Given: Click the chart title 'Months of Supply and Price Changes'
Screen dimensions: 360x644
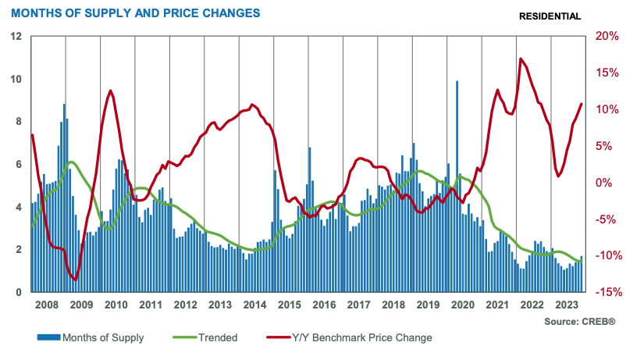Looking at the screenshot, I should [135, 14].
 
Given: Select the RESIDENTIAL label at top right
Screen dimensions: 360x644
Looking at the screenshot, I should [550, 16].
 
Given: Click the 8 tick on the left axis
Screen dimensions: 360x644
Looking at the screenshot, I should [18, 122].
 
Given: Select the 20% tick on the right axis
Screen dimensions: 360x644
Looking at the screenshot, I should [606, 36].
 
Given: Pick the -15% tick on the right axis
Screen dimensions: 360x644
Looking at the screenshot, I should [606, 293].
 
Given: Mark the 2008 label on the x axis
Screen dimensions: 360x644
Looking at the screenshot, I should [48, 305].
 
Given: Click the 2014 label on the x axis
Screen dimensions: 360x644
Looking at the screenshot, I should [255, 305].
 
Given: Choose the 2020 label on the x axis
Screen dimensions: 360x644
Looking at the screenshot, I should [463, 305].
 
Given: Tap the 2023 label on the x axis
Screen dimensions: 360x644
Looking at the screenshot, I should [567, 305].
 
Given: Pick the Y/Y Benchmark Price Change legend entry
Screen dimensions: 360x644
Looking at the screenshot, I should [360, 338].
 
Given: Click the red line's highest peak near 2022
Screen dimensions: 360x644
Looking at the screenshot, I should [520, 59].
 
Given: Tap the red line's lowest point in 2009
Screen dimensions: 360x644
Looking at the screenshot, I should [75, 280].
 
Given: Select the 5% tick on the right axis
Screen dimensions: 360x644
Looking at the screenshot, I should [603, 146].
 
